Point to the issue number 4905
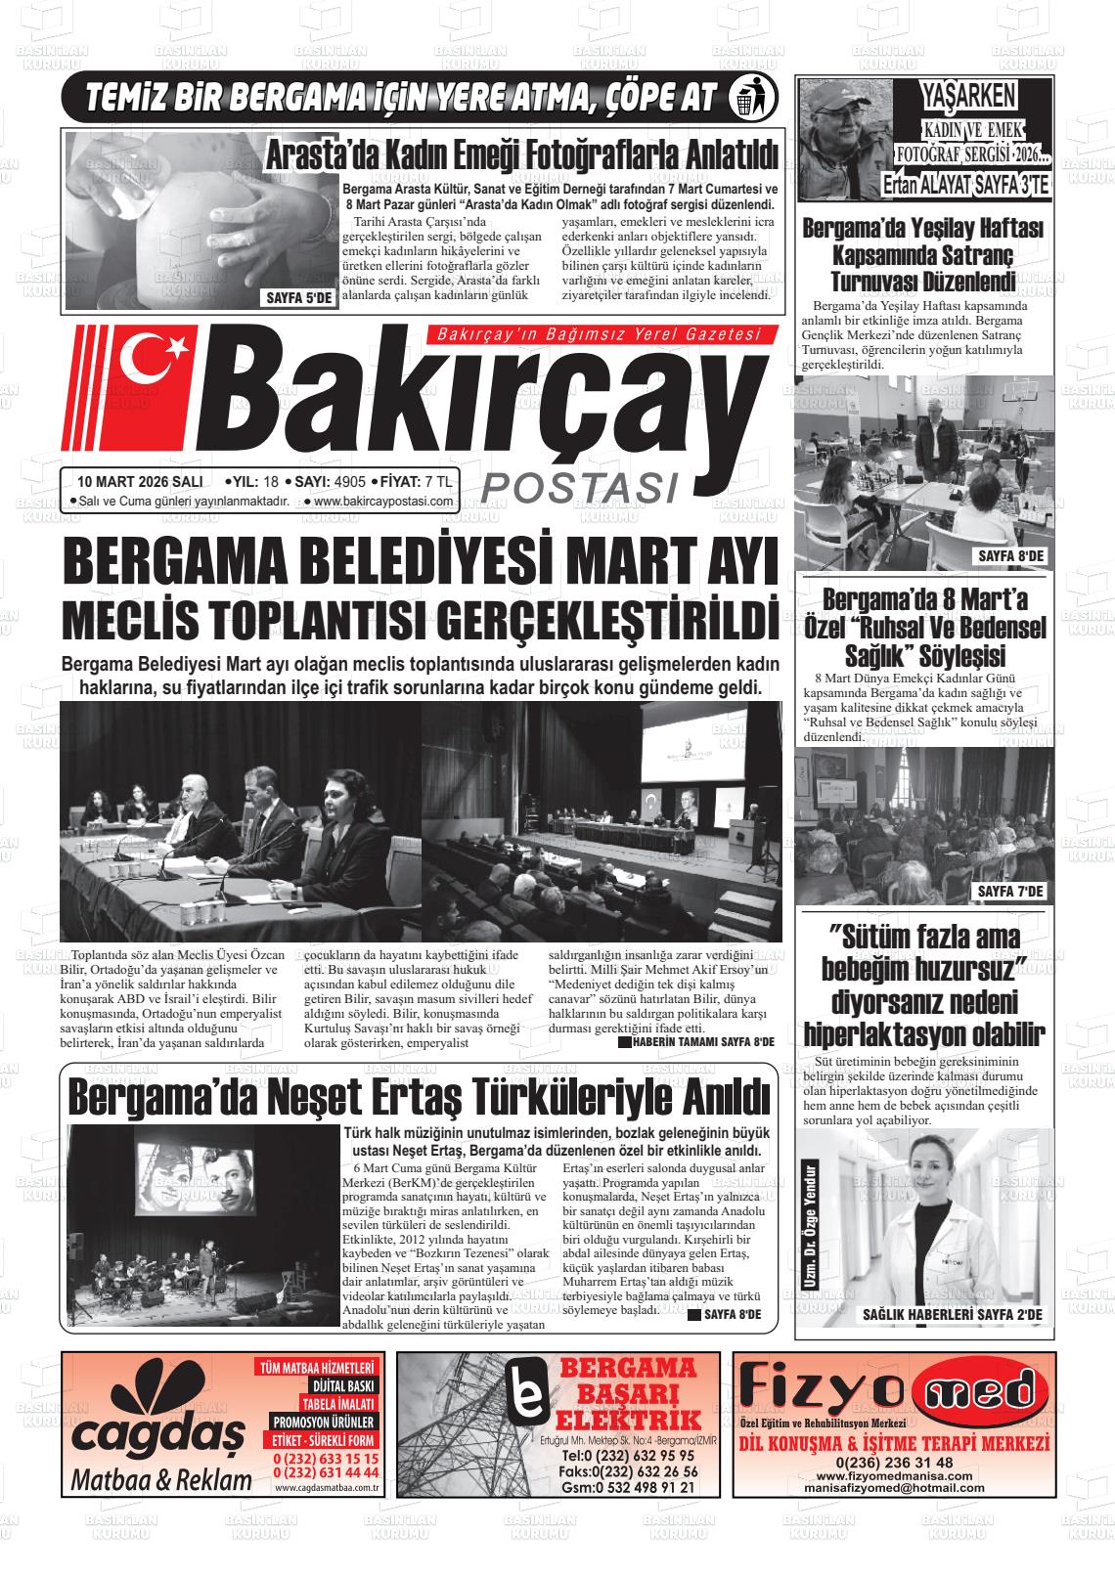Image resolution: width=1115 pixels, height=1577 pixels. pos(349,481)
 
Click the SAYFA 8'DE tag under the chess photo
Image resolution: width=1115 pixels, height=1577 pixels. pos(1011,556)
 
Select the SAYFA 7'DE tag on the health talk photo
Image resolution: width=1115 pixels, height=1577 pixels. pos(1011,892)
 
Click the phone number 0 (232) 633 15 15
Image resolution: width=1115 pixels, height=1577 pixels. pos(326,1458)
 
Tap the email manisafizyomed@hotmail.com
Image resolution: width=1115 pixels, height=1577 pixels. pos(894,1487)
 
